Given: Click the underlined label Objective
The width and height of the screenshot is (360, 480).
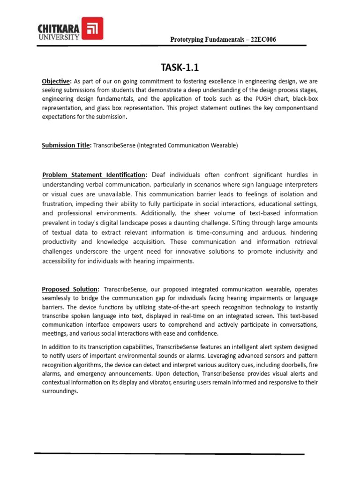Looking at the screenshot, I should click(56, 81).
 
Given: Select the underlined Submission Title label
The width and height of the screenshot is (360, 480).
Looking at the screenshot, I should click(66, 145).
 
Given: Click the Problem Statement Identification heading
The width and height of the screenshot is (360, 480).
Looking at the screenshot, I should click(94, 175).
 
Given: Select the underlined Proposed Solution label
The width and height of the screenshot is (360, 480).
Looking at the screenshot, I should click(70, 289).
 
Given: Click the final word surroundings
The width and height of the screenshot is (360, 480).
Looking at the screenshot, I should click(60, 391).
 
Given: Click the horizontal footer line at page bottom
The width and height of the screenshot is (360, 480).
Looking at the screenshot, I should click(169, 453).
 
